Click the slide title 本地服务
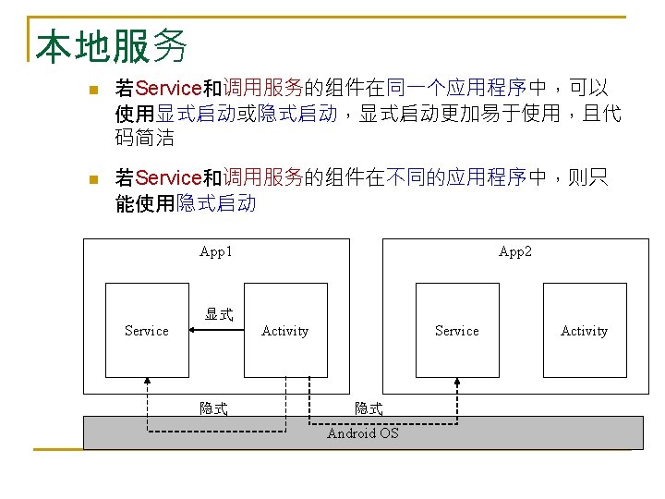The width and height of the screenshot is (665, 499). click(112, 45)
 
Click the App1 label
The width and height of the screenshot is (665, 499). click(216, 251)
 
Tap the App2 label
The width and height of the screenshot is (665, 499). click(514, 251)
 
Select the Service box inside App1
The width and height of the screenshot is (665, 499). click(147, 330)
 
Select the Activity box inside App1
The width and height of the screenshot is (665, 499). click(284, 330)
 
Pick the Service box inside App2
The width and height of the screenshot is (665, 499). click(457, 330)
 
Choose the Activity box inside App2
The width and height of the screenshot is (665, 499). click(584, 330)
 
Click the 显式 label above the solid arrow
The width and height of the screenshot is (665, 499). click(219, 314)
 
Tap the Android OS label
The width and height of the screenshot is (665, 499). click(363, 433)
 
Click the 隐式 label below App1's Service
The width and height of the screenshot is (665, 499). click(214, 408)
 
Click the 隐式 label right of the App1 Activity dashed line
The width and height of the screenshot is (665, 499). click(369, 408)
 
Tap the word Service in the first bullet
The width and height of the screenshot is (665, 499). click(168, 89)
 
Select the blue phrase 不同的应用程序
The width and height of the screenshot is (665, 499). click(456, 177)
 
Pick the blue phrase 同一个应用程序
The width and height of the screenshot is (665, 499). click(456, 89)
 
